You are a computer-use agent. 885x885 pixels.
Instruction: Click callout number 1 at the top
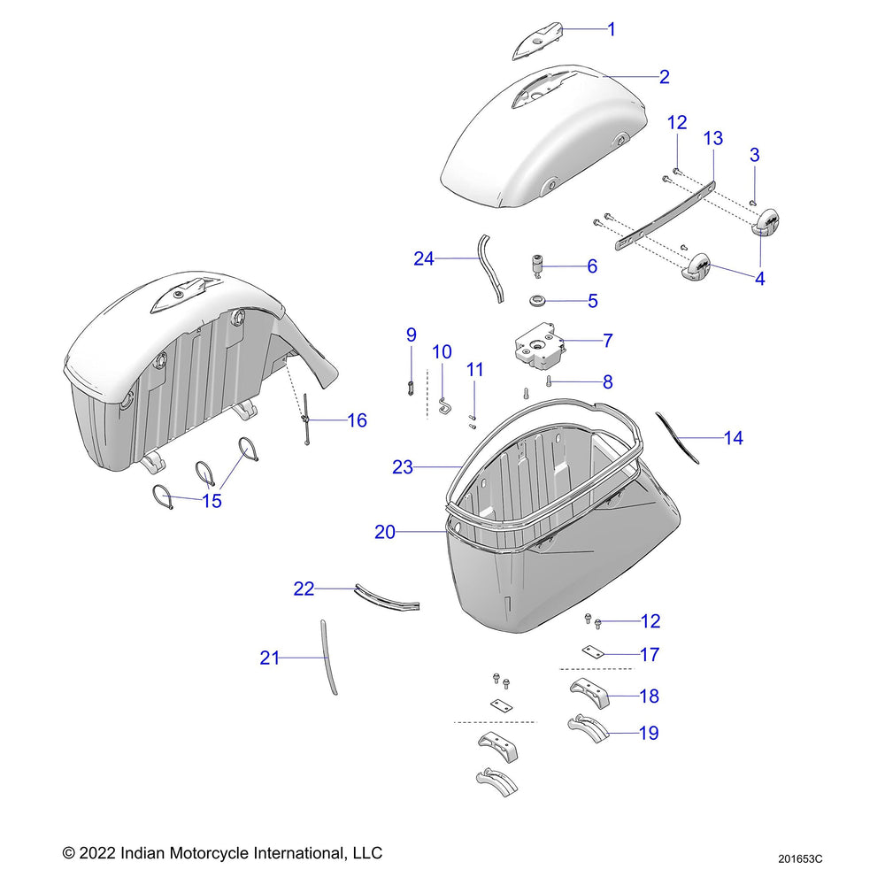point(612,29)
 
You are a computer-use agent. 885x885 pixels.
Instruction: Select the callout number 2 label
point(664,76)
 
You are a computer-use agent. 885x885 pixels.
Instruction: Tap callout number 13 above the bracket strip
point(712,138)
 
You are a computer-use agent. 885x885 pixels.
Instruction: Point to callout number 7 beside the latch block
point(608,340)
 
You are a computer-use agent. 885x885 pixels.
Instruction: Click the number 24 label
point(424,258)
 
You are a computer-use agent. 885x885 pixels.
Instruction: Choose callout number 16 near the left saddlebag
point(357,420)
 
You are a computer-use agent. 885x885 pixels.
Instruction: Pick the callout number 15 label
point(212,501)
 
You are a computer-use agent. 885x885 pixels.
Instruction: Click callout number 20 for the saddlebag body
point(385,532)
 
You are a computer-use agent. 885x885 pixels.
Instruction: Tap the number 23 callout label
point(403,466)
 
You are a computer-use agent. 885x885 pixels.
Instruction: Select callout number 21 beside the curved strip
point(270,658)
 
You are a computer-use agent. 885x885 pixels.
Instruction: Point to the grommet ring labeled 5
point(536,302)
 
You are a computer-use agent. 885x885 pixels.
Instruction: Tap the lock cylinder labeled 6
point(536,265)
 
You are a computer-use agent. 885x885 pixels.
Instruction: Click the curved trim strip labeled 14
point(678,438)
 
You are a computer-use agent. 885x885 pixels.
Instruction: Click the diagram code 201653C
point(801,858)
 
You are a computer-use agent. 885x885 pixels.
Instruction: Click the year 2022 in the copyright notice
point(98,853)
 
